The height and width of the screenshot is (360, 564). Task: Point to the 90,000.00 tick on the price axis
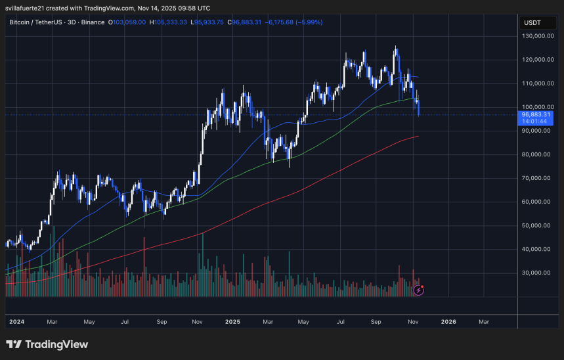[x=538, y=131]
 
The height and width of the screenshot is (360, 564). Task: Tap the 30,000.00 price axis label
[x=538, y=273]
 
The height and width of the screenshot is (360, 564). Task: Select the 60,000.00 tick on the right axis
[x=538, y=202]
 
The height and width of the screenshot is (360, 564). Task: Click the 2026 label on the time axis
[x=448, y=322]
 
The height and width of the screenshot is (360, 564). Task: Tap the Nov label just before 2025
[x=197, y=322]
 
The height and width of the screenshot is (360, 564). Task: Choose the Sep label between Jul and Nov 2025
[x=376, y=322]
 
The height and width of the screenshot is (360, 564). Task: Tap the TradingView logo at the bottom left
[x=47, y=344]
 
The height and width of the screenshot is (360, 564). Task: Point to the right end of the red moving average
[x=418, y=137]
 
